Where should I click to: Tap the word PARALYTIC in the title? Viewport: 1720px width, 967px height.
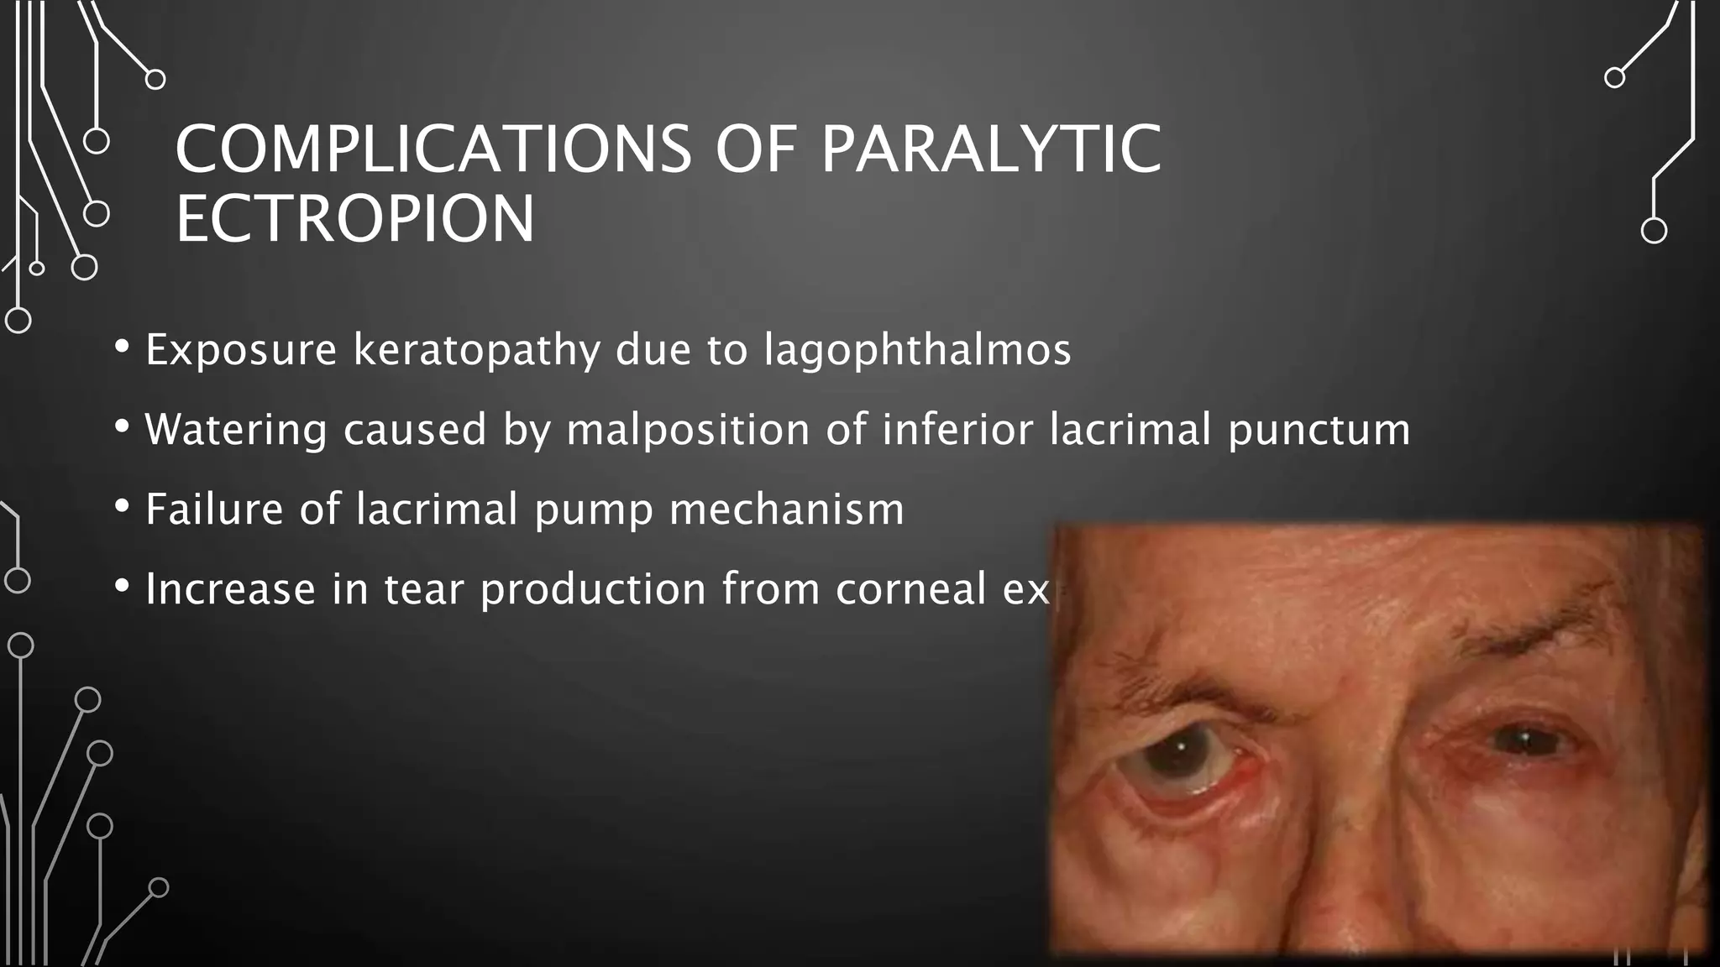click(991, 149)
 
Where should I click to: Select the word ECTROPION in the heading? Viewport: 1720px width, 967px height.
click(354, 220)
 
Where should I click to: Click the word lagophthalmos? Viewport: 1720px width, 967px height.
click(917, 349)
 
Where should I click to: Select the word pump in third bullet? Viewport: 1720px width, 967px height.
click(594, 510)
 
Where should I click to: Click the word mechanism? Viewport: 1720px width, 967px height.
click(786, 509)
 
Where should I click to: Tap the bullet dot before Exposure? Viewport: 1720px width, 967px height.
click(123, 347)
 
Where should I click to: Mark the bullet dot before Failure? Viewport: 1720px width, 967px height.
click(123, 506)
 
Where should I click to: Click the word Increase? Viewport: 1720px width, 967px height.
click(230, 589)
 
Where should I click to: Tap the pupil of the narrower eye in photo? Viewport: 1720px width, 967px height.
click(1522, 740)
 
